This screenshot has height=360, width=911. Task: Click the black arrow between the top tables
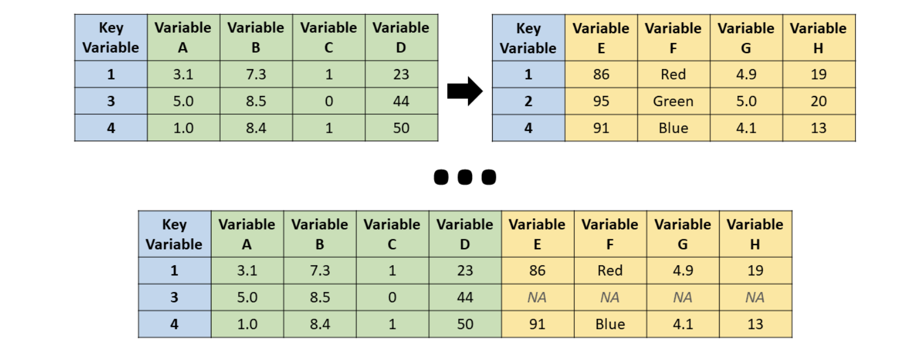click(465, 91)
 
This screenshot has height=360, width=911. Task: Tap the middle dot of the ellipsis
click(465, 177)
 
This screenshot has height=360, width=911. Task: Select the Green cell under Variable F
click(673, 101)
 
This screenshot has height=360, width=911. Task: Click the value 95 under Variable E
click(601, 101)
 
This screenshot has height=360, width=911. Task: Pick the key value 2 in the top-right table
click(528, 101)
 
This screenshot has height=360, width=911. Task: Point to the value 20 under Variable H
click(818, 101)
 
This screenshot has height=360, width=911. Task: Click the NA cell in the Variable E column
click(537, 297)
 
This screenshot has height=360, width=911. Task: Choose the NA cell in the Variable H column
click(755, 297)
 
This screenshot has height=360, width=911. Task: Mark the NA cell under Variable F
click(610, 297)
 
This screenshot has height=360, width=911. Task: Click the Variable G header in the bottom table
click(682, 234)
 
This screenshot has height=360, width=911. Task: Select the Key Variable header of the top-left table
click(111, 38)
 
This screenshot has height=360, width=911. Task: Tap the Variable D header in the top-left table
click(401, 38)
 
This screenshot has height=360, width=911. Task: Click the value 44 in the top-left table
click(401, 101)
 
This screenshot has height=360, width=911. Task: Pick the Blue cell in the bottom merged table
click(610, 324)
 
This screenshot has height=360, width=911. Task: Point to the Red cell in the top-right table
click(673, 74)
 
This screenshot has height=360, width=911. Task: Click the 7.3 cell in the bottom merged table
click(319, 270)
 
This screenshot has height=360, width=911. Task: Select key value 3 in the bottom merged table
click(174, 297)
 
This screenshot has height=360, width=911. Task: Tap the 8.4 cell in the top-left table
click(255, 128)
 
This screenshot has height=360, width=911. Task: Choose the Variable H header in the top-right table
click(818, 38)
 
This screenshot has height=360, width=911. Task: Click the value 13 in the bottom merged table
click(755, 324)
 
